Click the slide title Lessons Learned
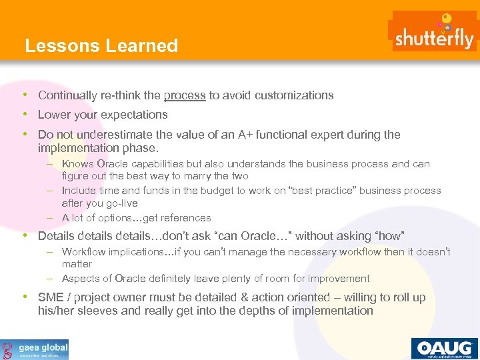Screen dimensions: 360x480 [101, 46]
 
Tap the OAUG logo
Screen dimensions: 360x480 [444, 348]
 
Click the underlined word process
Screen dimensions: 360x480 [185, 95]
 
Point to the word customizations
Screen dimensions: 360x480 [291, 95]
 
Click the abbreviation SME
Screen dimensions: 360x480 [51, 297]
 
